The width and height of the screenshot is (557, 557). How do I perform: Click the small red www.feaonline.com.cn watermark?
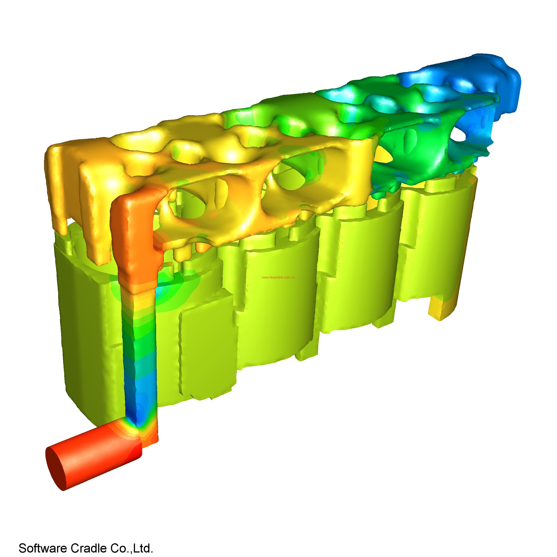click(278, 278)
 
